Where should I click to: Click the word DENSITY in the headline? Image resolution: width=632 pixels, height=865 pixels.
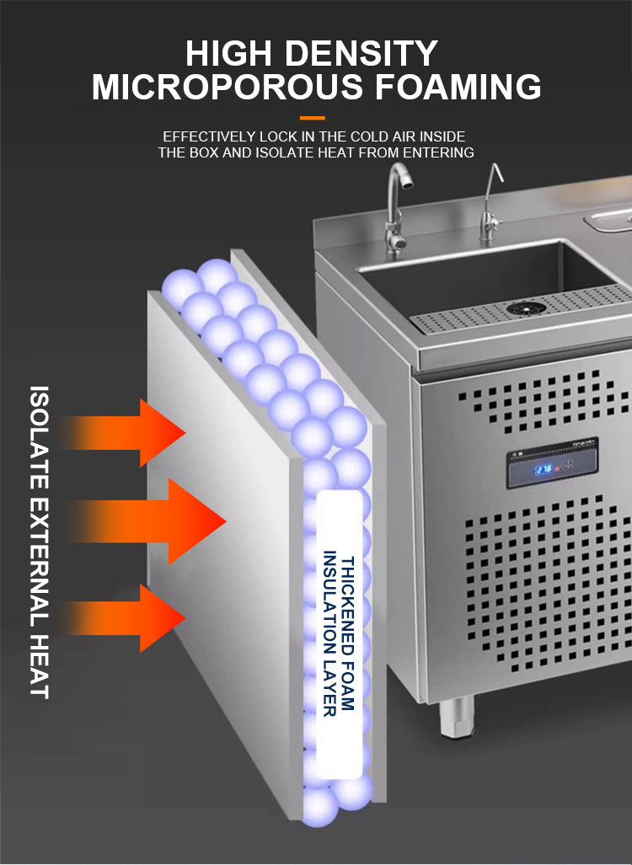(x=361, y=54)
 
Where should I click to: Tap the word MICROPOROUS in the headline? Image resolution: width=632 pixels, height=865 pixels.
(x=228, y=87)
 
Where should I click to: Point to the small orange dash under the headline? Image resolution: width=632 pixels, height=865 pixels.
(x=313, y=118)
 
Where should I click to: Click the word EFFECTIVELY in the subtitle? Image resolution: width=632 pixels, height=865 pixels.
(x=209, y=136)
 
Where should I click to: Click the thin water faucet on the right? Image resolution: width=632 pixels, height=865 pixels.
(x=490, y=204)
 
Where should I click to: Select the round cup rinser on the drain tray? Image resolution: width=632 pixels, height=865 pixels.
(x=526, y=308)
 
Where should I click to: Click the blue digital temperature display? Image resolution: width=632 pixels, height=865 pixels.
(x=544, y=469)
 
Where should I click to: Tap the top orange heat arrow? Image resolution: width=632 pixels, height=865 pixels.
(x=125, y=433)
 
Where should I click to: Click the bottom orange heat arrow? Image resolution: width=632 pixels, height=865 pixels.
(x=125, y=618)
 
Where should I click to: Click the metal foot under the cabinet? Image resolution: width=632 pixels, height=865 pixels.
(x=457, y=716)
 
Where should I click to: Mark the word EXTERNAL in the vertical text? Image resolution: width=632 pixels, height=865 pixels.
(x=40, y=561)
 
